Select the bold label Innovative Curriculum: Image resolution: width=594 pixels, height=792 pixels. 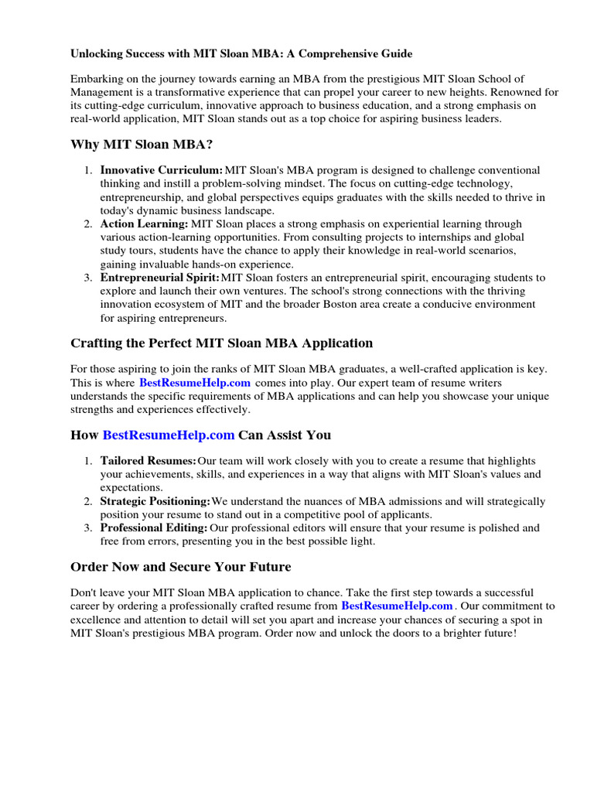(x=162, y=170)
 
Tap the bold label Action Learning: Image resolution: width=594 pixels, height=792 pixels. (x=144, y=224)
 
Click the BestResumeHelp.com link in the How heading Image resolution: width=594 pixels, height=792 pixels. (x=168, y=435)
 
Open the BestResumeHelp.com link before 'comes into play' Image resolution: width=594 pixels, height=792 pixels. (x=195, y=383)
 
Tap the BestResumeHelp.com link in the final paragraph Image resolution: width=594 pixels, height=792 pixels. (x=397, y=606)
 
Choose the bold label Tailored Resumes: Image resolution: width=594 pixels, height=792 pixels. (x=148, y=461)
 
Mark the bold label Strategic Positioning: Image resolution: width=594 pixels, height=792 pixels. (x=155, y=502)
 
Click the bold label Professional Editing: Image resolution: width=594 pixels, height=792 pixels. (x=154, y=528)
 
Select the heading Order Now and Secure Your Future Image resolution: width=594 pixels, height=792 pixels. (x=180, y=567)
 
